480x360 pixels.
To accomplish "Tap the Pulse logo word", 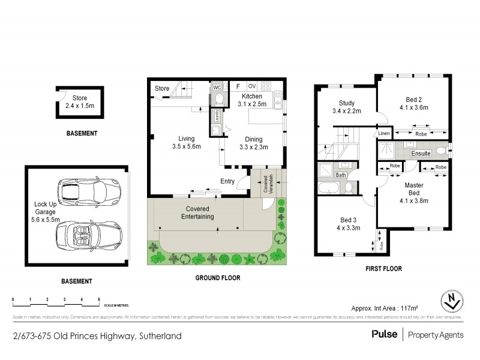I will pyautogui.click(x=383, y=335).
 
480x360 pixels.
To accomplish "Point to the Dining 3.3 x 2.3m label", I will pyautogui.click(x=253, y=142).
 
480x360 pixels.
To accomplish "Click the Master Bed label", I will pyautogui.click(x=413, y=189).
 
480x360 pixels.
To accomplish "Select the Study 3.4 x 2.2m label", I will pyautogui.click(x=347, y=107).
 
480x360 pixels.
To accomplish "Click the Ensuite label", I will pyautogui.click(x=420, y=153).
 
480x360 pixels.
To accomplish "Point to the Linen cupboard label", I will pyautogui.click(x=384, y=133).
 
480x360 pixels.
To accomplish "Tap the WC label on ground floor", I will pyautogui.click(x=217, y=88).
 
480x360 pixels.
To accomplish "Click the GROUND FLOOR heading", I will pyautogui.click(x=218, y=278).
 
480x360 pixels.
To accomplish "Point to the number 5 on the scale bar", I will pyautogui.click(x=98, y=298).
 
